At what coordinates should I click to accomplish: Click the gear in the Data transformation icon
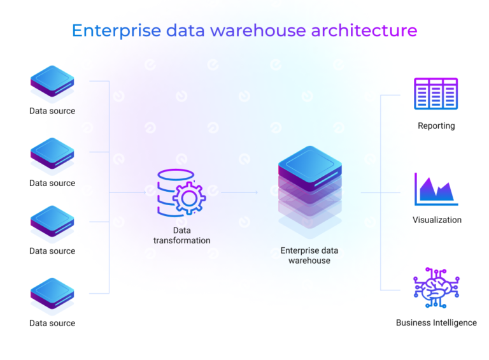coord(188,198)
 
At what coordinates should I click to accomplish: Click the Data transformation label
coord(181,235)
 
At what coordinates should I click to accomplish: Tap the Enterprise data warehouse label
coord(309,256)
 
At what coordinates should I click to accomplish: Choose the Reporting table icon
coord(436,94)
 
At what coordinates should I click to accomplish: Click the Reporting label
coord(436,126)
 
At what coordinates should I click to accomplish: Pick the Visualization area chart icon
coord(436,189)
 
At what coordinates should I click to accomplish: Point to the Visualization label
coord(437,220)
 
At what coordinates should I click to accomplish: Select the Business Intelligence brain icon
coord(436,287)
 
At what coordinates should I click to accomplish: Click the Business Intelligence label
coord(436,322)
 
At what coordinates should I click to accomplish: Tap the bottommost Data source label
coord(52,323)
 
